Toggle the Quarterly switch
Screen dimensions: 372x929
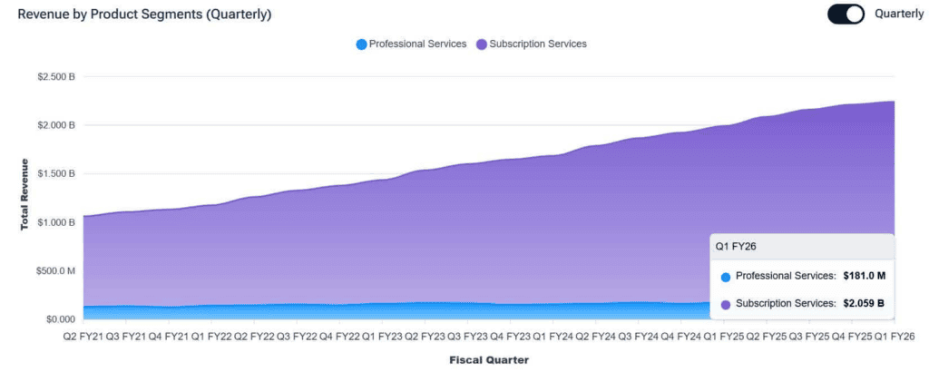pyautogui.click(x=846, y=15)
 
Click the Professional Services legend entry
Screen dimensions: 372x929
pyautogui.click(x=411, y=44)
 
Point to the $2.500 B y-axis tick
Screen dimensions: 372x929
pyautogui.click(x=55, y=76)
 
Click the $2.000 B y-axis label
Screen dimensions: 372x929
pyautogui.click(x=55, y=125)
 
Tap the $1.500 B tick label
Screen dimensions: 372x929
pyautogui.click(x=55, y=173)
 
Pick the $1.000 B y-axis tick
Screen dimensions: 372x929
pyautogui.click(x=55, y=222)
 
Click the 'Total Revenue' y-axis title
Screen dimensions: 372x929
pyautogui.click(x=24, y=195)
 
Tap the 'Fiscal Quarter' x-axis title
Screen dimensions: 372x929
pyautogui.click(x=488, y=359)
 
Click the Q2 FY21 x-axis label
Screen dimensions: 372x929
pyautogui.click(x=83, y=337)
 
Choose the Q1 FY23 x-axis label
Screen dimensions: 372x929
pyautogui.click(x=382, y=337)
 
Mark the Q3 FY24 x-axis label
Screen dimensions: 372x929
pyautogui.click(x=638, y=337)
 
